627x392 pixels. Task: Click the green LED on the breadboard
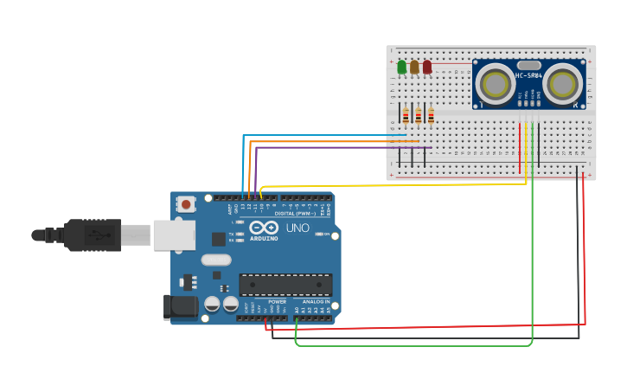pyautogui.click(x=401, y=67)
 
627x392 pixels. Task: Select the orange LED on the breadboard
pyautogui.click(x=414, y=67)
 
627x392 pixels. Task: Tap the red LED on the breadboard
pyautogui.click(x=427, y=67)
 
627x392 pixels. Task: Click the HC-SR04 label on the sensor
pyautogui.click(x=528, y=75)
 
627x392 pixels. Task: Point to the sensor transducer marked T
pyautogui.click(x=495, y=85)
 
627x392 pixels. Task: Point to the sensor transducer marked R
pyautogui.click(x=563, y=85)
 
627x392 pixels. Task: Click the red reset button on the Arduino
pyautogui.click(x=186, y=204)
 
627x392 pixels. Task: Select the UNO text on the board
pyautogui.click(x=298, y=228)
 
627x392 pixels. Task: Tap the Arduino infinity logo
pyautogui.click(x=262, y=228)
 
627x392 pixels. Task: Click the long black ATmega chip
pyautogui.click(x=285, y=285)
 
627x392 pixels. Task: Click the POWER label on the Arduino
pyautogui.click(x=277, y=302)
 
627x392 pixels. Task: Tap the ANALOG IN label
pyautogui.click(x=315, y=302)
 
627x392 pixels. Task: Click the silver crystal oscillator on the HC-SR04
pyautogui.click(x=528, y=65)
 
